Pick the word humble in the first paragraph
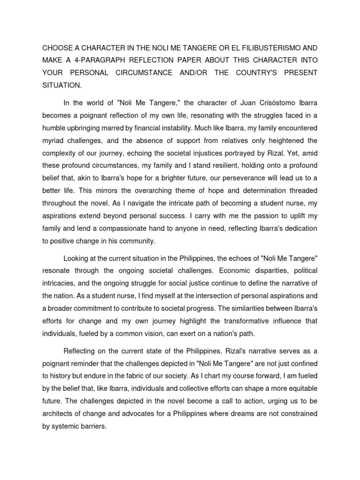[x=54, y=127]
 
